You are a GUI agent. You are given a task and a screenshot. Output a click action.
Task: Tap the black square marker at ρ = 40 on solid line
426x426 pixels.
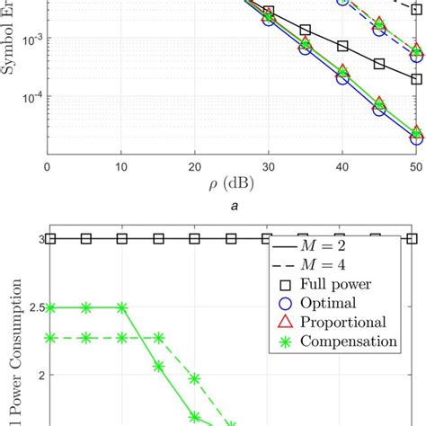342,46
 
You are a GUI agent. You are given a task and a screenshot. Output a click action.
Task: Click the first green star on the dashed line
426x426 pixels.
50,338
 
